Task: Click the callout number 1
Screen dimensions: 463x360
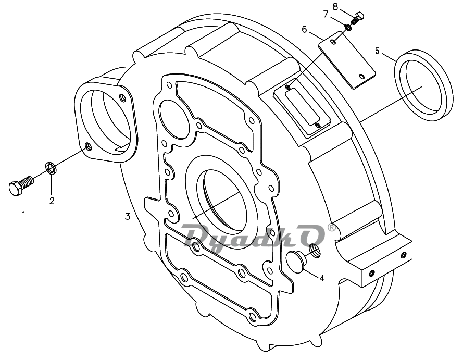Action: tap(23, 214)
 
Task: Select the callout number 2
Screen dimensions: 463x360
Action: tap(52, 201)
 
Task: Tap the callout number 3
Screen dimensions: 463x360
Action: tap(127, 216)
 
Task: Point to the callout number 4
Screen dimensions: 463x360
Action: tap(322, 278)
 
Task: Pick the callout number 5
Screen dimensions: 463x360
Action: tap(377, 51)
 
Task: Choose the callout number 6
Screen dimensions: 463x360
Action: tap(304, 29)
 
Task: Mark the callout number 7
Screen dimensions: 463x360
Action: tap(326, 14)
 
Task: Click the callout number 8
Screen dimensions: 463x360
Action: tap(335, 6)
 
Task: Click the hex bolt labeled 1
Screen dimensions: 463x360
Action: tap(20, 185)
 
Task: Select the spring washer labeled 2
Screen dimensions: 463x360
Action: tap(51, 168)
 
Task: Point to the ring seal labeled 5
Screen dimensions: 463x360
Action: tap(423, 85)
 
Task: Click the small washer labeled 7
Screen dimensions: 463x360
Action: tap(348, 27)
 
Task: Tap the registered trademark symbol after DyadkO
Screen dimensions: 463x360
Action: tap(332, 227)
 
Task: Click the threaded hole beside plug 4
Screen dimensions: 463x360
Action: tap(315, 251)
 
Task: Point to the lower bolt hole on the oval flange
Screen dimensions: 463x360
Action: tap(87, 146)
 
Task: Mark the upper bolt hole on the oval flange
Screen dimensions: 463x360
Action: tap(122, 97)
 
